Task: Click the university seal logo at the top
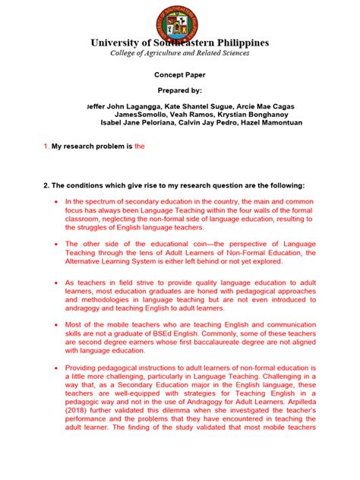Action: pos(179,18)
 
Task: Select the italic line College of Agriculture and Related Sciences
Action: pos(179,53)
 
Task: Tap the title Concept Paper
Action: pos(179,75)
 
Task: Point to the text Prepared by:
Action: pos(179,90)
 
